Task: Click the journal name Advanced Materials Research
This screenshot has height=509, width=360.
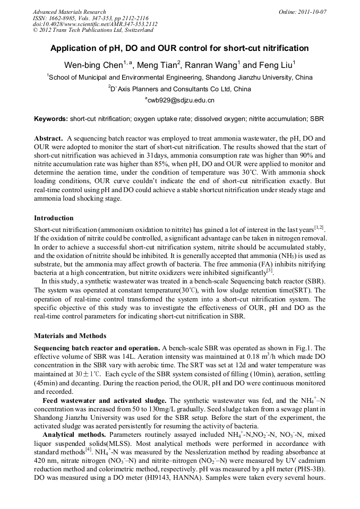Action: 69,12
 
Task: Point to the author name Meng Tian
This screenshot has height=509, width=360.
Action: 158,65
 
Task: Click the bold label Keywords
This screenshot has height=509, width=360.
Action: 50,119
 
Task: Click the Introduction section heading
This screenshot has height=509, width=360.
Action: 54,218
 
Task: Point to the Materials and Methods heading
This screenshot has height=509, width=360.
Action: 70,336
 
